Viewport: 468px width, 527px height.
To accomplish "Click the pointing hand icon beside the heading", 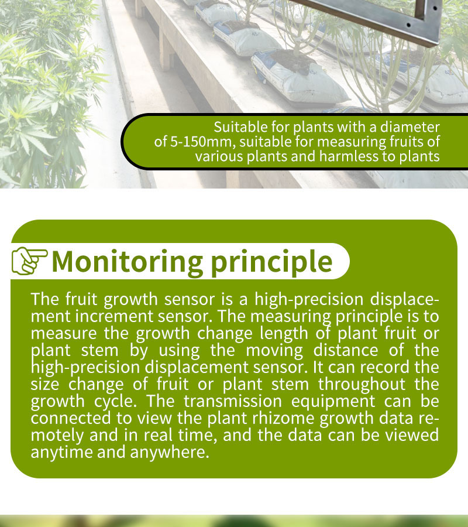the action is coord(30,261).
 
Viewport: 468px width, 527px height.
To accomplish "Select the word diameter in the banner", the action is coord(409,127).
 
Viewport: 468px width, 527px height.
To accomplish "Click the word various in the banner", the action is coord(219,156).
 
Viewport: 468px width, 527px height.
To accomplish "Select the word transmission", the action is coord(233,401).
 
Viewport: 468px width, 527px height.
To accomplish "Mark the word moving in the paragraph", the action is coord(274,351).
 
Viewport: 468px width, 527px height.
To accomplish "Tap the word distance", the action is coord(346,350).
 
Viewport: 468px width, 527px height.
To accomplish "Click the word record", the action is coord(385,367).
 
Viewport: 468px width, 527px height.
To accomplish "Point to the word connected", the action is coord(71,419).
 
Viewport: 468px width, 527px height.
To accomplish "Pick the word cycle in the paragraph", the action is coord(115,402).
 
